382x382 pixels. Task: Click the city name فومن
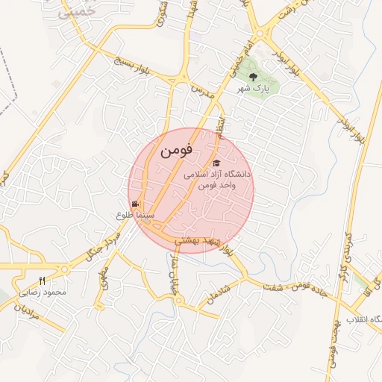(x=176, y=150)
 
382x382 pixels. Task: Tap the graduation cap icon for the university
(x=216, y=163)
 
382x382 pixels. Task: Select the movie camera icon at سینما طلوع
(x=135, y=204)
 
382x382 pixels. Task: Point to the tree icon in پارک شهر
(x=254, y=75)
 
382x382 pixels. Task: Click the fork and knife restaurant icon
(x=42, y=281)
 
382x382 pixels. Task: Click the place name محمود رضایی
(x=45, y=292)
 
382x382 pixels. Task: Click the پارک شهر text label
(x=252, y=88)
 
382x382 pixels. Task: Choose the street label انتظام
(x=220, y=124)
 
